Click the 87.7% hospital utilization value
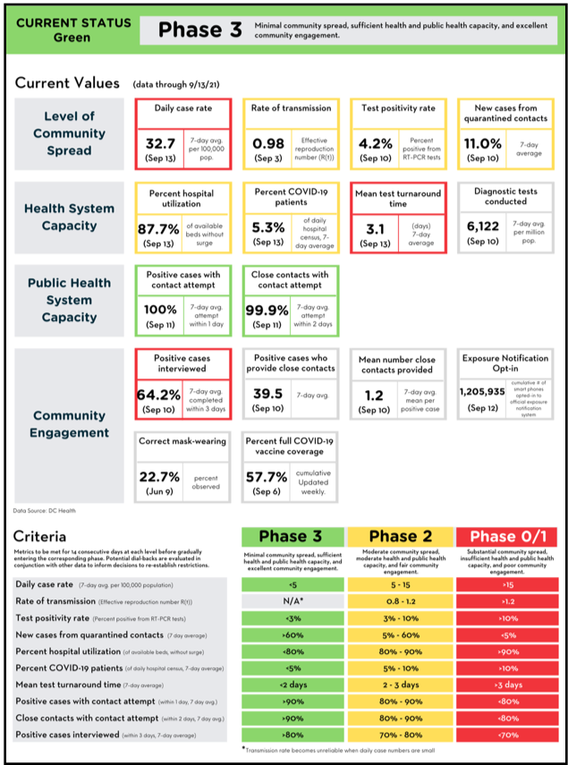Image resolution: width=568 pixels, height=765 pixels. (158, 228)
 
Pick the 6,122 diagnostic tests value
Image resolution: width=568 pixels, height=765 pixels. (483, 228)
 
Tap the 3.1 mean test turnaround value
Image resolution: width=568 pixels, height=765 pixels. (376, 228)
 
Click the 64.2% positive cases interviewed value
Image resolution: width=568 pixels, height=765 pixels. (158, 394)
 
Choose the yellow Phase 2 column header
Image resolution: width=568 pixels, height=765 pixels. (401, 537)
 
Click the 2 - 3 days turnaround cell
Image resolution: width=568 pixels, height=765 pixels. (401, 684)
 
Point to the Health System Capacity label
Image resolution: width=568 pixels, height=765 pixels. (69, 217)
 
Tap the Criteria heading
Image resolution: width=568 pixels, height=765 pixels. (39, 537)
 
